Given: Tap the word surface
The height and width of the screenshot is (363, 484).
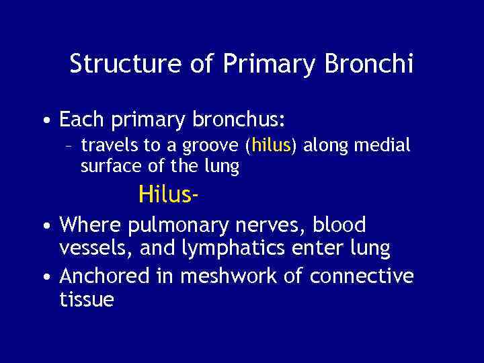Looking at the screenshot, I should pyautogui.click(x=108, y=166).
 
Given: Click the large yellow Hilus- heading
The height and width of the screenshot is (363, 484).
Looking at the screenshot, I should pyautogui.click(x=168, y=195).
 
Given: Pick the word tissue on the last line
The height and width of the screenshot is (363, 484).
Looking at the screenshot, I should pyautogui.click(x=87, y=300).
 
